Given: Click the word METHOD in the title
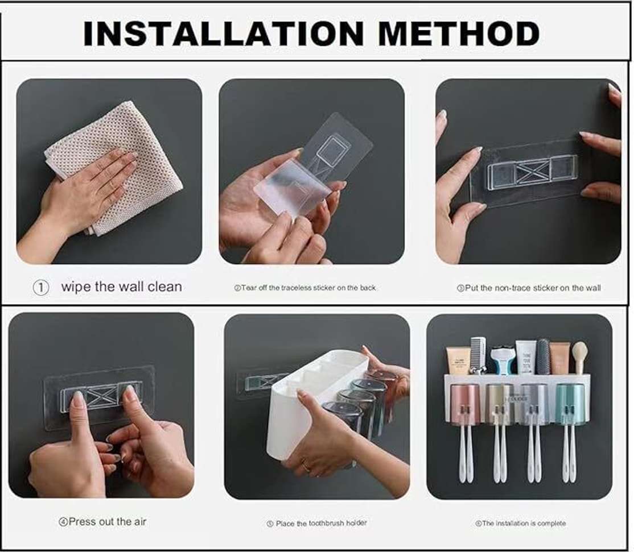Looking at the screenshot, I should [459, 34].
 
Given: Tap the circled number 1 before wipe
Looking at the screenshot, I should [40, 288].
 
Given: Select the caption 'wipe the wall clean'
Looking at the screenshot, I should [121, 287].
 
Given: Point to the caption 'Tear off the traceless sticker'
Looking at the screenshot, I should [305, 288].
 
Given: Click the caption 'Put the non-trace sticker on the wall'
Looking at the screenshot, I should [529, 288].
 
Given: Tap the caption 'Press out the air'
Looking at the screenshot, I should [102, 521].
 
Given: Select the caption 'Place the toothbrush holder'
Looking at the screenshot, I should [317, 523].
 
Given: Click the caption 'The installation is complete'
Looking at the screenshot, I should [520, 523].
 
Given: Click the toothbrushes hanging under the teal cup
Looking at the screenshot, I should [570, 455].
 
